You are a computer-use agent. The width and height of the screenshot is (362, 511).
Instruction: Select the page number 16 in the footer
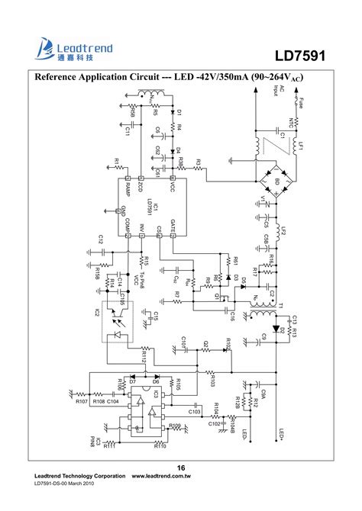click(x=181, y=468)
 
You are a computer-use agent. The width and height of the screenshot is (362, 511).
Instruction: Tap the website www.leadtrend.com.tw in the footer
click(x=160, y=476)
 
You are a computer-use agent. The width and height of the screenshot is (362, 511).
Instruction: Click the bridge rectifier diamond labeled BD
click(x=273, y=180)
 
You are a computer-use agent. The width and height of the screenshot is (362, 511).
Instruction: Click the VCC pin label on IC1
click(x=173, y=186)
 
